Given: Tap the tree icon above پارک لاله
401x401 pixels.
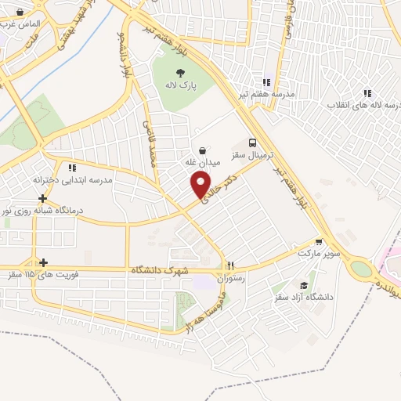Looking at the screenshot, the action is [x=182, y=72].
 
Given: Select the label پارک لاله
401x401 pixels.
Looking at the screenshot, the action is [x=182, y=84].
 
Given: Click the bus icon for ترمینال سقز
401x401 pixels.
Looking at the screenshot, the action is [x=252, y=143].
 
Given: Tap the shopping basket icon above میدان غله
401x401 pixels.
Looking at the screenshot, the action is [x=203, y=150].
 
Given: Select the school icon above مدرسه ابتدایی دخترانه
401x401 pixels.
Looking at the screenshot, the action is [x=72, y=168].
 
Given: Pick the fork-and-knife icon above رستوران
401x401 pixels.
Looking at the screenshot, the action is [x=230, y=265].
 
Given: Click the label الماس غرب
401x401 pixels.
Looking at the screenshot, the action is [x=19, y=25].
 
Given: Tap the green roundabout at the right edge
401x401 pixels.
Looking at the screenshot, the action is [x=361, y=269].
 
